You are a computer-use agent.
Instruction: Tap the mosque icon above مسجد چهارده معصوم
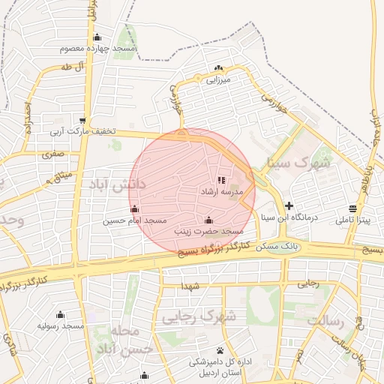point(97,37)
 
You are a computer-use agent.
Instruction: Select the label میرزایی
point(219,78)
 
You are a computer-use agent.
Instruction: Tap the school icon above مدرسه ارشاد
point(221,180)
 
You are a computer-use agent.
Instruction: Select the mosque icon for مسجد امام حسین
point(134,208)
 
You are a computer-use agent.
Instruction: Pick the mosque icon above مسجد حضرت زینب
point(208,220)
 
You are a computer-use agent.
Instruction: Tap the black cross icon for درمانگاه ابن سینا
point(289,205)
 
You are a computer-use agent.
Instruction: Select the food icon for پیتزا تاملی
point(352,208)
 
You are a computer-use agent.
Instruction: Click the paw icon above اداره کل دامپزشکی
point(220,350)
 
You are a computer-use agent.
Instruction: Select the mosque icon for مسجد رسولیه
point(61,314)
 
